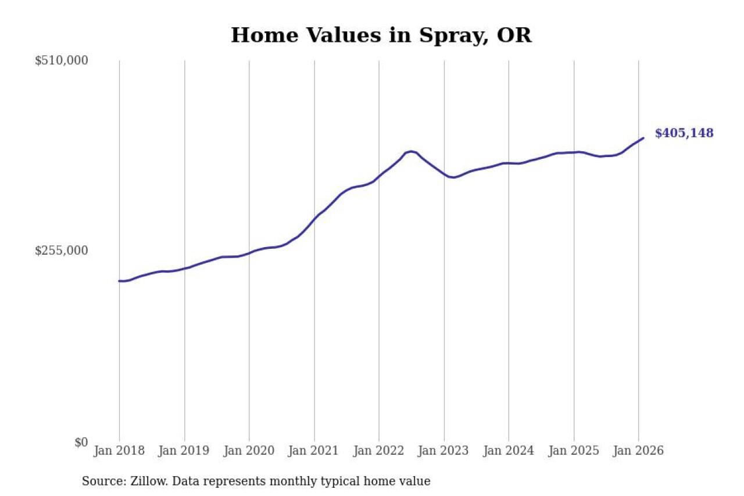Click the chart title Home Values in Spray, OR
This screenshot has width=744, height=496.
(381, 35)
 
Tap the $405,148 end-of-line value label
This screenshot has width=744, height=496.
(684, 133)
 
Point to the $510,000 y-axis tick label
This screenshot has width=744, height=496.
(61, 60)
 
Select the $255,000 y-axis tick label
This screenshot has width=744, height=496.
(61, 251)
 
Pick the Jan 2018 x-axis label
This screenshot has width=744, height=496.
(119, 451)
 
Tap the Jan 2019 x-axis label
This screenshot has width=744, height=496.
(184, 451)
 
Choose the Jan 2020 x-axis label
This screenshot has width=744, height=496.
(249, 451)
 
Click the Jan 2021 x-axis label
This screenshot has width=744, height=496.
(314, 451)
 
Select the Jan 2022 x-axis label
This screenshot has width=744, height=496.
(379, 451)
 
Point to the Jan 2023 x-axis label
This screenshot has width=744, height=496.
(444, 451)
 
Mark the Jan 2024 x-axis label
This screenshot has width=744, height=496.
(509, 451)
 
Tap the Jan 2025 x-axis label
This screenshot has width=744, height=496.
(574, 451)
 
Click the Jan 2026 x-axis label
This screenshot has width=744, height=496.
(638, 451)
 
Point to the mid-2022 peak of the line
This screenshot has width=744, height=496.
(411, 151)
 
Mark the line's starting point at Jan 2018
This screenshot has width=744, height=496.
(120, 281)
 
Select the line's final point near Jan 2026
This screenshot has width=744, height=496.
(643, 138)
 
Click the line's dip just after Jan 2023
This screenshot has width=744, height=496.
(453, 177)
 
